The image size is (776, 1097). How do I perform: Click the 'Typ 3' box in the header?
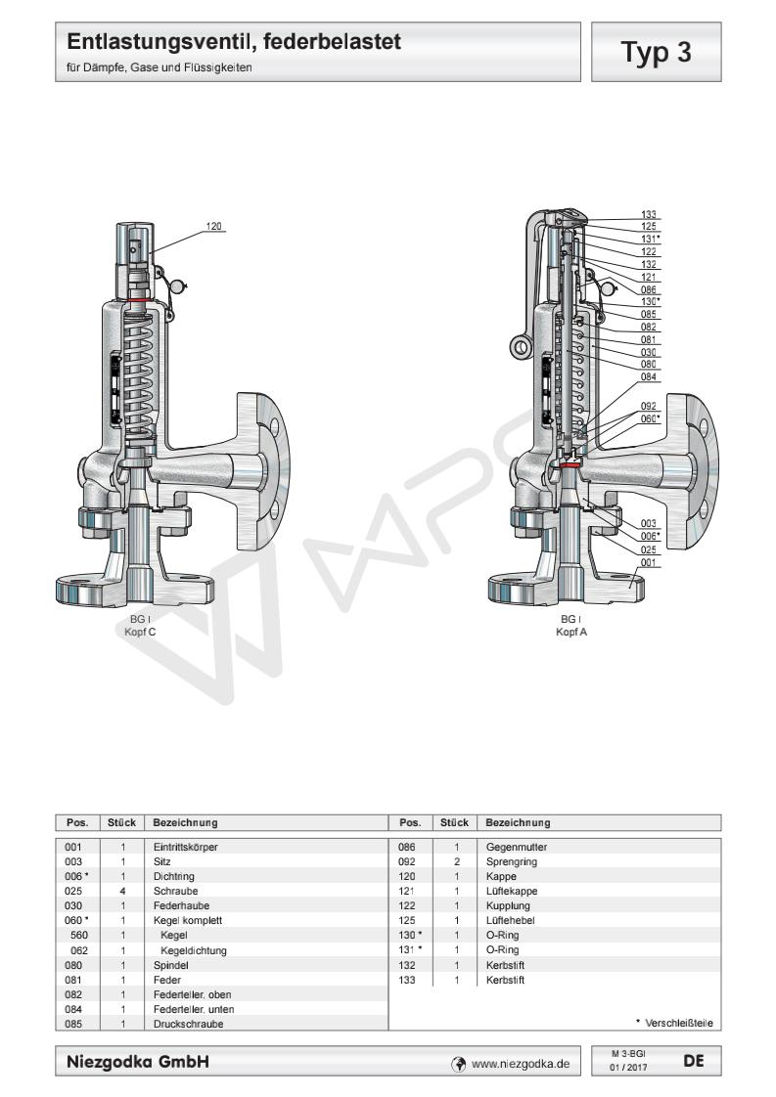point(658,52)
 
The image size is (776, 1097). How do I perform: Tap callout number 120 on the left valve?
point(214,227)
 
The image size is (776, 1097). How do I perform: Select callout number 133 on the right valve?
point(649,214)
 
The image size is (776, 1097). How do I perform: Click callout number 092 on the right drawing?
point(649,406)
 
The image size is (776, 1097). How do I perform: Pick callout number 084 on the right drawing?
point(649,376)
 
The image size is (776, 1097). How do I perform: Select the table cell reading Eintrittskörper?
point(185,846)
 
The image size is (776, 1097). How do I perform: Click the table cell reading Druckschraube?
point(182,1023)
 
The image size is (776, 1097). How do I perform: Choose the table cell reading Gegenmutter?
point(516,846)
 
